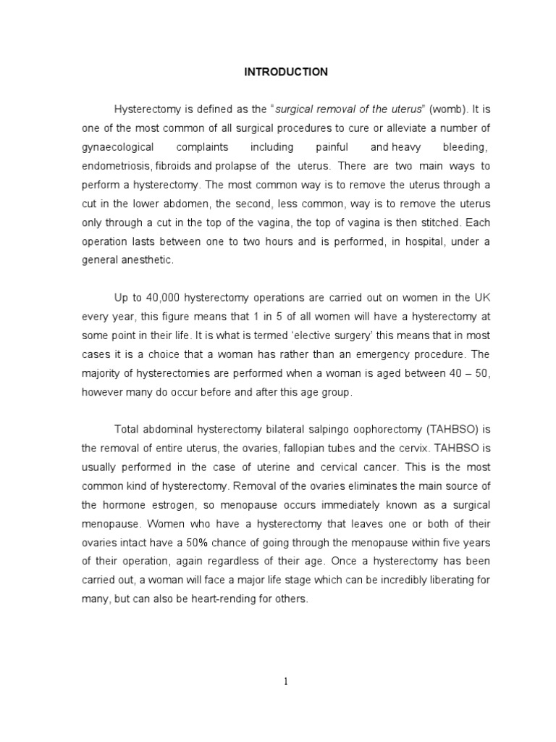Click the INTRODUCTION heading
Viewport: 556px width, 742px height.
point(286,72)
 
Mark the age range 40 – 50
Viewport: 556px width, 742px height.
point(468,373)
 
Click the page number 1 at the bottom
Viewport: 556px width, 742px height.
point(286,682)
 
